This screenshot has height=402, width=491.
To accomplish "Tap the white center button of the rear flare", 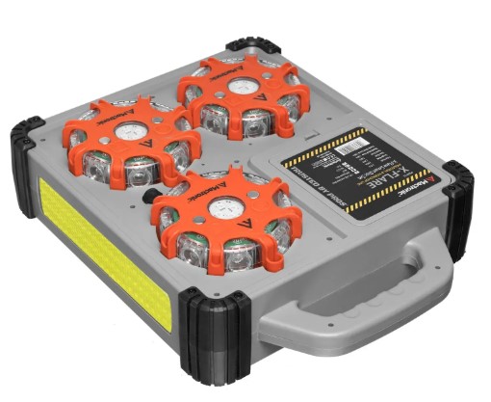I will pyautogui.click(x=241, y=90).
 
